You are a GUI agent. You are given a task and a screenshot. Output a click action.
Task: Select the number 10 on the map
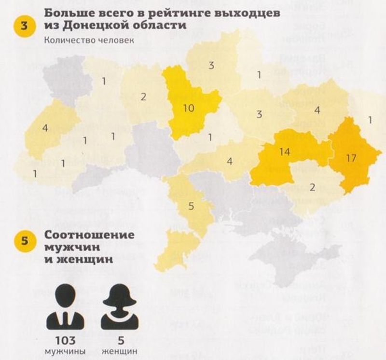189,108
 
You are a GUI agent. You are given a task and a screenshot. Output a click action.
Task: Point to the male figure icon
66,306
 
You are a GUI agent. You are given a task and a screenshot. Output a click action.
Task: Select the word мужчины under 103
65,350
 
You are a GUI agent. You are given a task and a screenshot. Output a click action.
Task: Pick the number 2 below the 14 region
313,187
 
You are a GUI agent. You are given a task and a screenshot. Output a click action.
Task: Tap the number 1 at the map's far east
370,120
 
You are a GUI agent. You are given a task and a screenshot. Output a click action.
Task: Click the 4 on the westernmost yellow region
45,128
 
